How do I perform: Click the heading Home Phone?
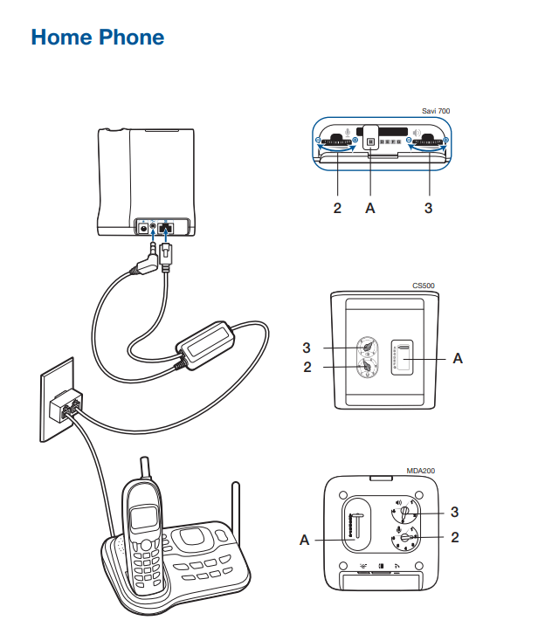click(x=97, y=38)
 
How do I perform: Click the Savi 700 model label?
click(x=436, y=111)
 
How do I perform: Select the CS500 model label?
click(x=424, y=286)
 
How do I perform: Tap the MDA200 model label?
click(x=421, y=471)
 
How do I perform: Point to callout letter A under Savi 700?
click(x=371, y=208)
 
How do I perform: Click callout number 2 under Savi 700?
click(x=336, y=208)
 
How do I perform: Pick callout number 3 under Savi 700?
click(x=428, y=208)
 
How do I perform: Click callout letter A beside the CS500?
click(x=458, y=359)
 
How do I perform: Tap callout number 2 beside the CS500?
click(x=307, y=367)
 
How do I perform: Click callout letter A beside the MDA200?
click(x=305, y=541)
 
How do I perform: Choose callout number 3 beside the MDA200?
click(x=455, y=511)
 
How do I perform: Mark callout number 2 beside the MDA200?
click(x=455, y=537)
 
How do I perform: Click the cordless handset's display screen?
click(x=140, y=520)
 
